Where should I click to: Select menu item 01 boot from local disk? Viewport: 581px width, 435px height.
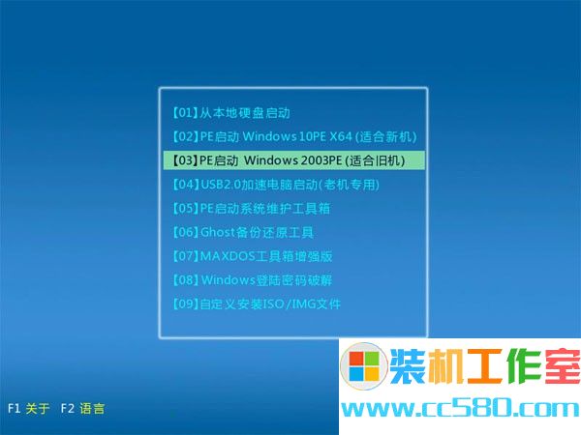coord(230,112)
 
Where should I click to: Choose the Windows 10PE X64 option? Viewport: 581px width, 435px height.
coord(294,136)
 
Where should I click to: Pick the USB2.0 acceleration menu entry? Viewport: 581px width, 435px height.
coord(276,185)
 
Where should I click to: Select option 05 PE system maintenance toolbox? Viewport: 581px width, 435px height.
coord(251,208)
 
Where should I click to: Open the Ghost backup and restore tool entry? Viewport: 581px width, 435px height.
coord(243,232)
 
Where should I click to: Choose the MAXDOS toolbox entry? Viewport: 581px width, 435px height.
coord(252,256)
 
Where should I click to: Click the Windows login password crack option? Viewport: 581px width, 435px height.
coord(252,280)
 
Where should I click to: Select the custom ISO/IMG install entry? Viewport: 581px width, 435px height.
coord(256,304)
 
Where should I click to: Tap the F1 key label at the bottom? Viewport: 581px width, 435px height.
coord(15,408)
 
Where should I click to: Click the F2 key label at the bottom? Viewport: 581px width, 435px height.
coord(68,408)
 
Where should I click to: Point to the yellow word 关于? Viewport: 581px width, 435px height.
coord(38,408)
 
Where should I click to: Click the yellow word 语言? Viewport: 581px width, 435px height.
coord(92,408)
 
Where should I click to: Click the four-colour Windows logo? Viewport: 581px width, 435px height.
coord(364,365)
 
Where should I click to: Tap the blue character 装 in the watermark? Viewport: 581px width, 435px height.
coord(408,365)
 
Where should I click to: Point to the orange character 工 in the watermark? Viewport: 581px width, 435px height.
coord(484,365)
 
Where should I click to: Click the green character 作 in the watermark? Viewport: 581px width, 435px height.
coord(523,365)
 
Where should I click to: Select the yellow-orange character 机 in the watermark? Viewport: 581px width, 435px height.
coord(445,365)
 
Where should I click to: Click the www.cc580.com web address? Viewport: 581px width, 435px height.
coord(460,409)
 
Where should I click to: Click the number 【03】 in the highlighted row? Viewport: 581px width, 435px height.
coord(185,160)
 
